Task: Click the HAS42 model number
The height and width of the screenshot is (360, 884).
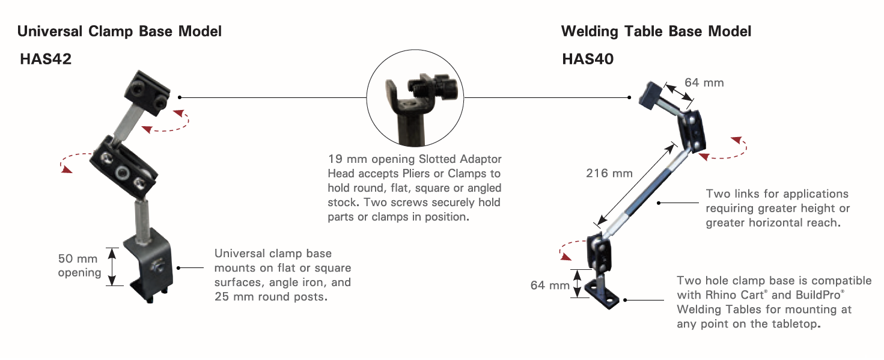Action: click(x=46, y=59)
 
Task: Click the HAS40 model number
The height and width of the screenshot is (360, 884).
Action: click(x=588, y=59)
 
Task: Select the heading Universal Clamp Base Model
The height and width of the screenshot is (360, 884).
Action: click(x=120, y=31)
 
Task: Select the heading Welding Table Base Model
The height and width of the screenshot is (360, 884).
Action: click(x=656, y=31)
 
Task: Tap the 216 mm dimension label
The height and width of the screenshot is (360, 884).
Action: click(x=609, y=173)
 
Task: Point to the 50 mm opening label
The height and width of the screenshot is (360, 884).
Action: click(x=79, y=265)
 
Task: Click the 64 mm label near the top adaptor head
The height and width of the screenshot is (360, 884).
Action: click(x=704, y=82)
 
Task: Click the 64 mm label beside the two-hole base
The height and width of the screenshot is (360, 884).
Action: click(x=550, y=285)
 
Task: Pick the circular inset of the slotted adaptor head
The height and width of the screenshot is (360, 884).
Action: click(x=415, y=98)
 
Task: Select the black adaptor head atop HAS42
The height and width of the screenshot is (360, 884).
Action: click(x=147, y=93)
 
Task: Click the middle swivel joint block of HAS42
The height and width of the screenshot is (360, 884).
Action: click(x=123, y=166)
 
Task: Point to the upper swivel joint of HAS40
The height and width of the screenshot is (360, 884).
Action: click(x=692, y=132)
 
